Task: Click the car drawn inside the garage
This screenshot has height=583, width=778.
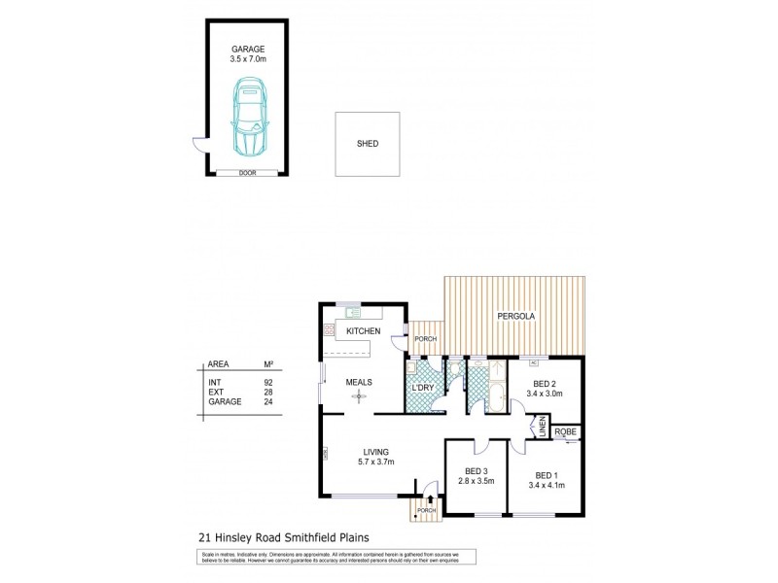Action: (x=248, y=117)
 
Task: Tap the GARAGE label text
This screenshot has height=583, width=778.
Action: (x=247, y=49)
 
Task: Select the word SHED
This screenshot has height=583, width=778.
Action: (x=368, y=145)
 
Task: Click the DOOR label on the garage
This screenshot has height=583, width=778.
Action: (x=247, y=173)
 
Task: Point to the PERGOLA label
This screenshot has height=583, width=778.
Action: (x=514, y=318)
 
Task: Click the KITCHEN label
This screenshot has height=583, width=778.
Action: (x=362, y=331)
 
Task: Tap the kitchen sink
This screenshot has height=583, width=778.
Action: (x=350, y=312)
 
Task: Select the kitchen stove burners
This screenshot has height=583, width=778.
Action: (x=328, y=331)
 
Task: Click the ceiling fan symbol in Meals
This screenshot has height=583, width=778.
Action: (x=360, y=397)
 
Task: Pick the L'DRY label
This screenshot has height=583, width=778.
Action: (x=423, y=389)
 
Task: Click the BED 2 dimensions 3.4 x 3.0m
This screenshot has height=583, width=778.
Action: (x=546, y=394)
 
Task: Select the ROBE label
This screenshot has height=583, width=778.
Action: (x=565, y=430)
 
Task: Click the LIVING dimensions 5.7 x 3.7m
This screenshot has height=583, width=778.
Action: (x=375, y=463)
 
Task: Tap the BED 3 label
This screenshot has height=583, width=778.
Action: (x=476, y=471)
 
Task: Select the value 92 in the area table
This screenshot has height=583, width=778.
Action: (x=268, y=384)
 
